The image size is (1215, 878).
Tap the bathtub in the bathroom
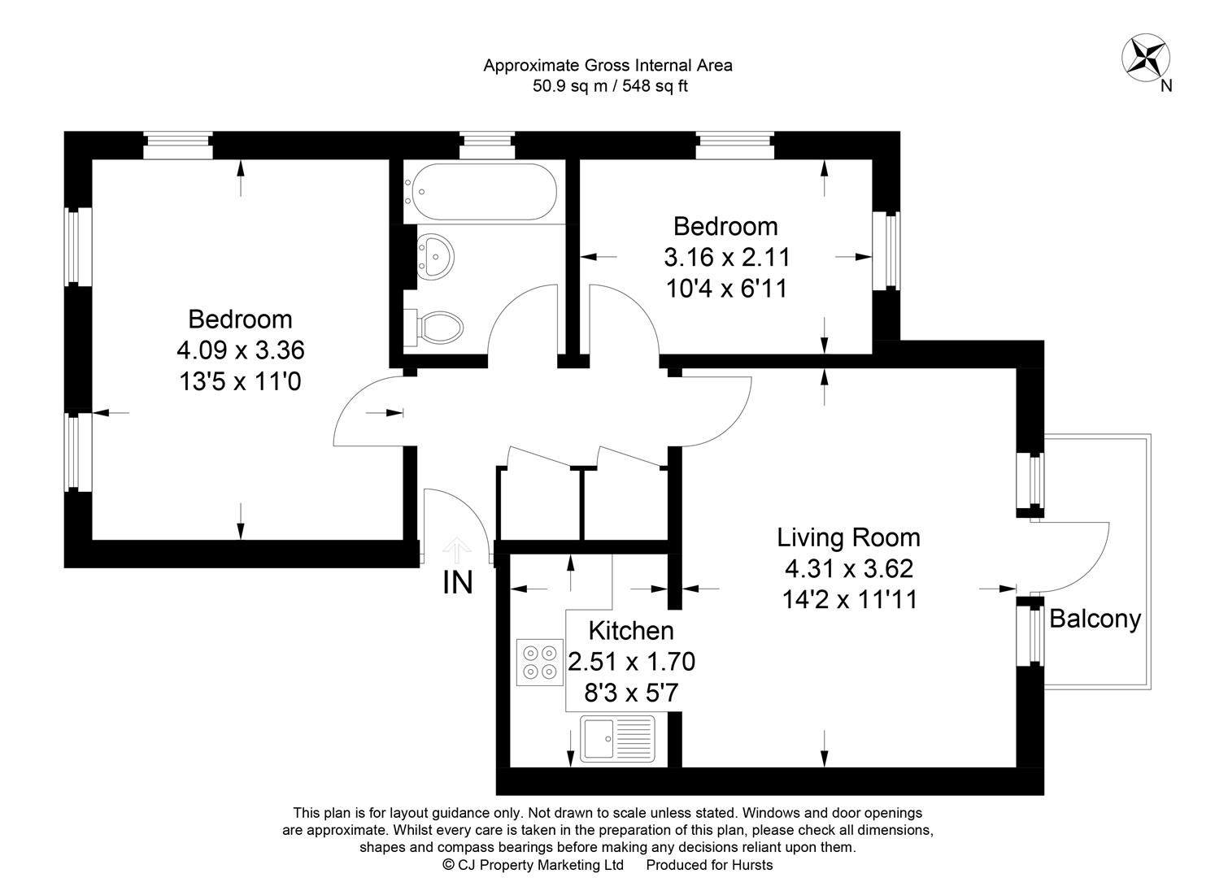coord(481,191)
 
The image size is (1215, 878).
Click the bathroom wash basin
coord(435,257)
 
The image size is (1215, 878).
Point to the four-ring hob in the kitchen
coord(540,663)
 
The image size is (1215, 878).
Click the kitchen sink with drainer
coord(618,738)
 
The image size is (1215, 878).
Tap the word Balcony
coord(1095,619)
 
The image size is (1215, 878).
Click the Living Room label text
coord(849,538)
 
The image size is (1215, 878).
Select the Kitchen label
coord(631,631)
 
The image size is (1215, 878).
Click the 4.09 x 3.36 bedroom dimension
coord(240,350)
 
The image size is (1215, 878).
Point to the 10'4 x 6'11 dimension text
coord(726,289)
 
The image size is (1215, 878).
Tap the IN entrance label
coord(458,583)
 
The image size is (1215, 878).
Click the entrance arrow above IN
coord(457,550)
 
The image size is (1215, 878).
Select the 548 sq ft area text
coord(655,86)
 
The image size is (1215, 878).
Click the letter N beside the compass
coord(1166,85)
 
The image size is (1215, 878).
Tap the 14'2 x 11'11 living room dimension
coord(849,600)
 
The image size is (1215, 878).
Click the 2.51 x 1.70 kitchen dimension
coord(631,662)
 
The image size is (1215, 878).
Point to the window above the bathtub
coord(486,146)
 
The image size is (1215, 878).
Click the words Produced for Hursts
coord(709,864)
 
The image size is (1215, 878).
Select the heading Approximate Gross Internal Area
coord(607,66)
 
